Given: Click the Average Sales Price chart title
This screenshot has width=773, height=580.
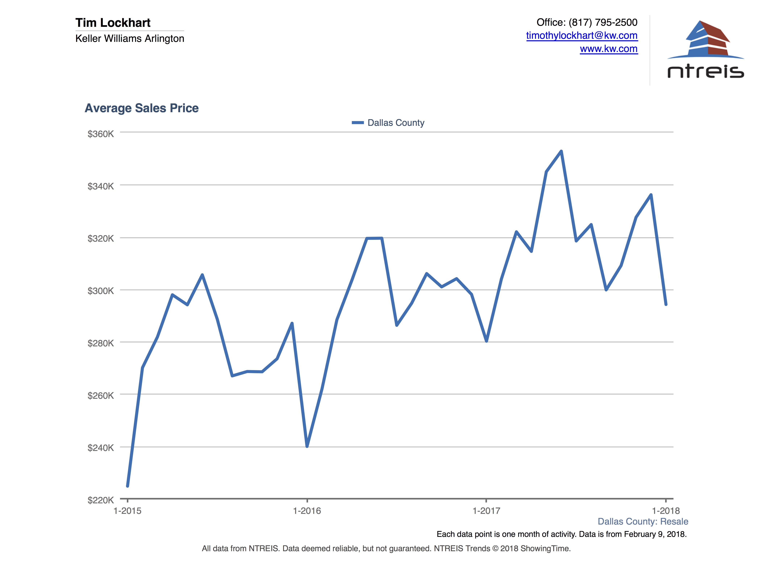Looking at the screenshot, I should pos(142,108).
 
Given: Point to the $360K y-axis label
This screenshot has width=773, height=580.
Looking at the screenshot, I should pos(101,134).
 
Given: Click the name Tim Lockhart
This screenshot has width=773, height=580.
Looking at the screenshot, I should pos(113,23).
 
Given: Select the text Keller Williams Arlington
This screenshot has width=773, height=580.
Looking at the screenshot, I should pos(130,38).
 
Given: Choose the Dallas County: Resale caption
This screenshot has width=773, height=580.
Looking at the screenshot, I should pos(643,522).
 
